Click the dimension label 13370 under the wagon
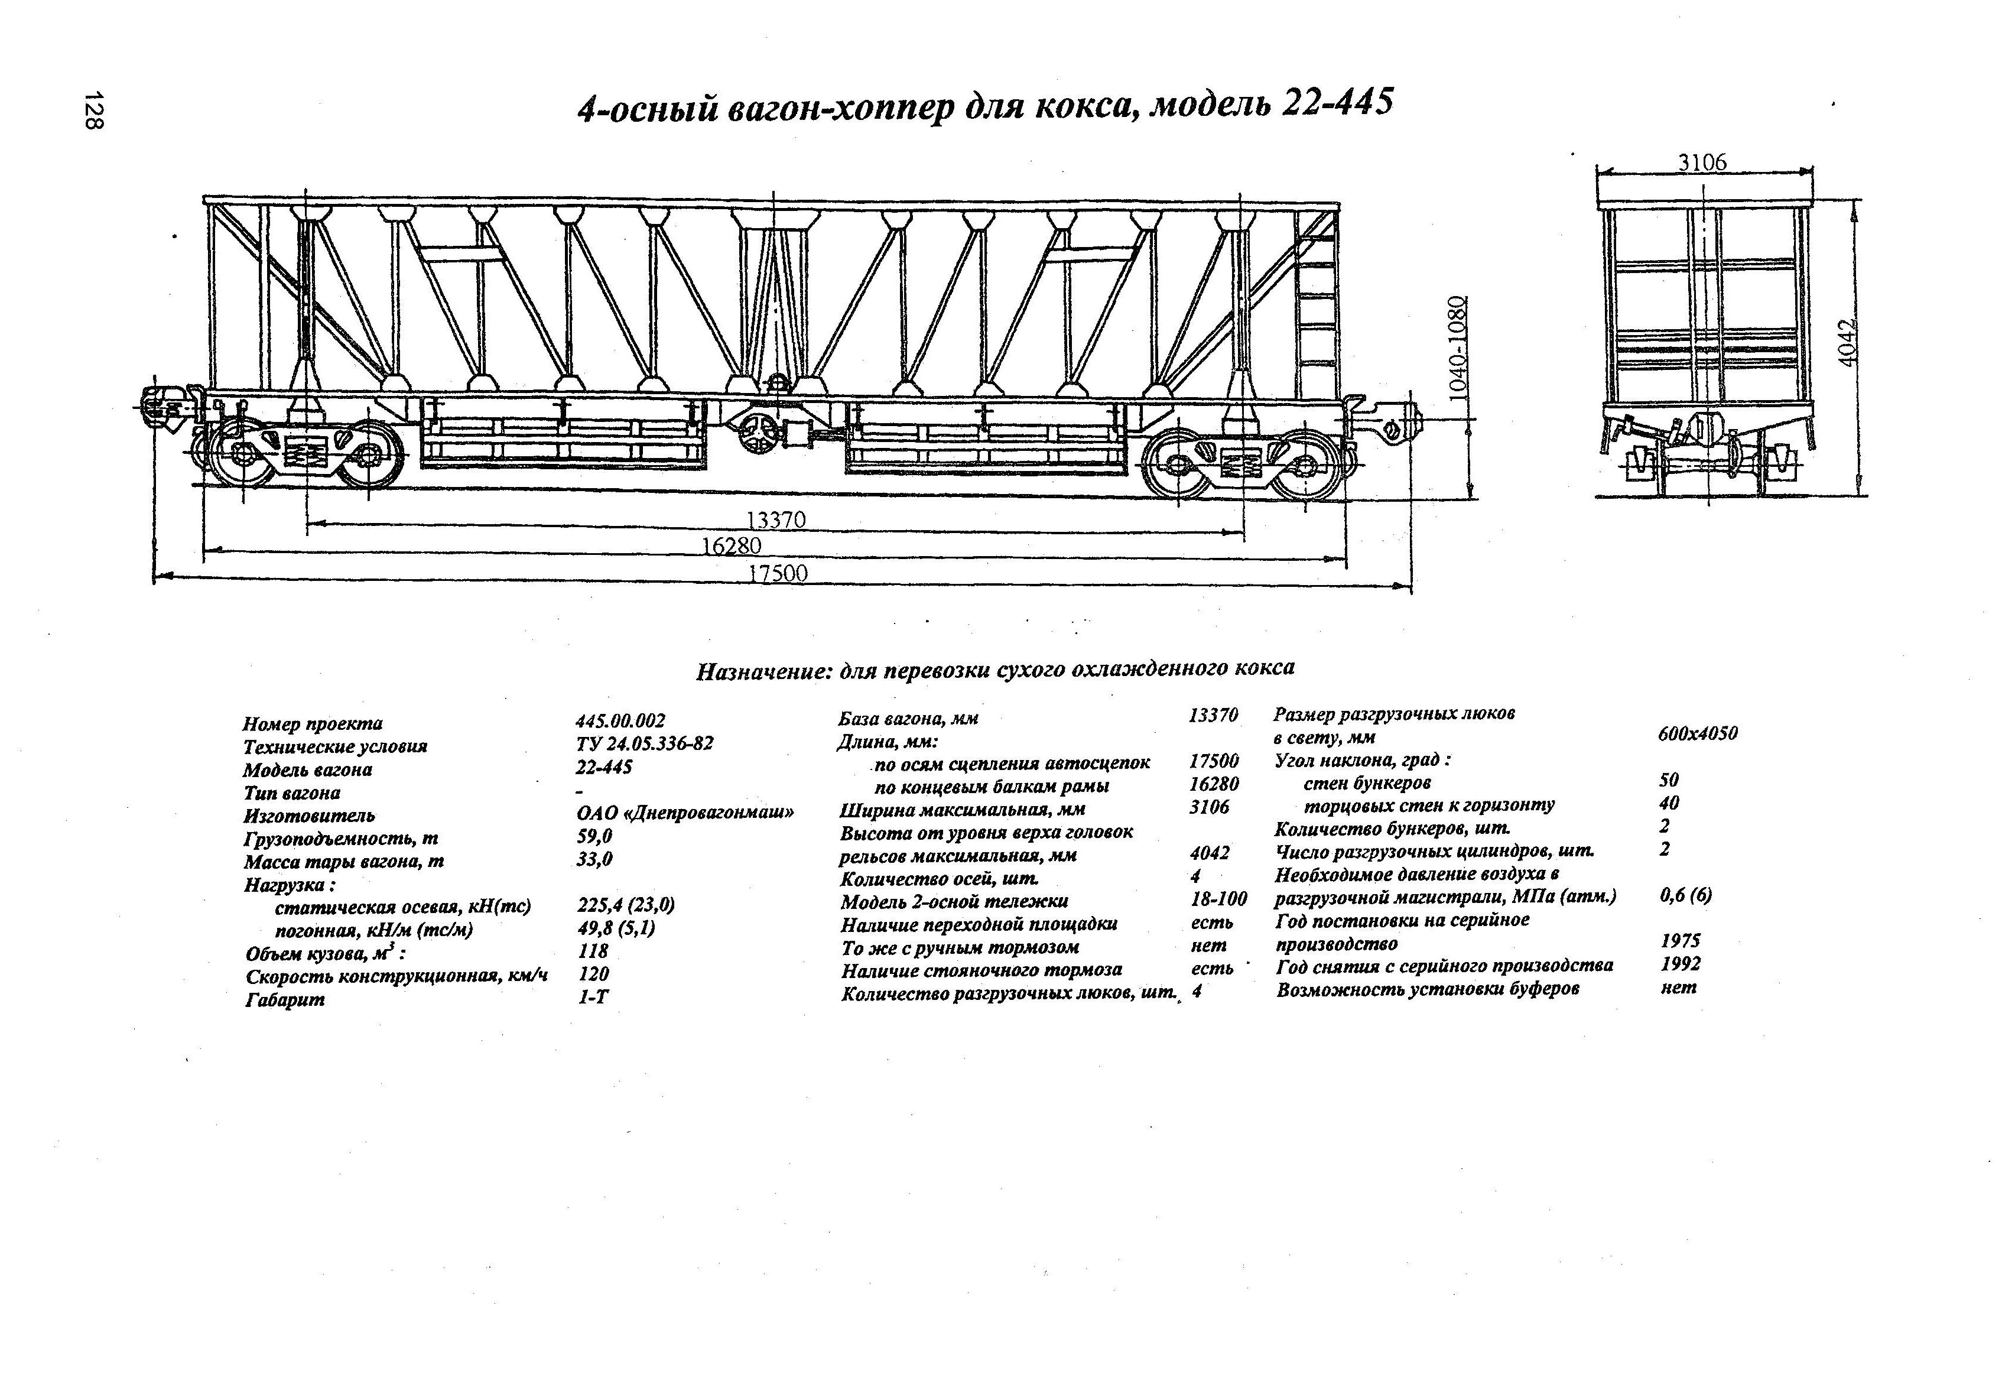pyautogui.click(x=775, y=520)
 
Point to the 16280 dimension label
pyautogui.click(x=732, y=546)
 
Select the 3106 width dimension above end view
pyautogui.click(x=1702, y=162)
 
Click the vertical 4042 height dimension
pyautogui.click(x=1846, y=344)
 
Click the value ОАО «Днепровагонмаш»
pyautogui.click(x=684, y=813)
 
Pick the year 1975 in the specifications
pyautogui.click(x=1680, y=941)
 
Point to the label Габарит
pyautogui.click(x=284, y=1000)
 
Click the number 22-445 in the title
pyautogui.click(x=1338, y=104)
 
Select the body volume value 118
pyautogui.click(x=593, y=951)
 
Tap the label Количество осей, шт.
pyautogui.click(x=939, y=879)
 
